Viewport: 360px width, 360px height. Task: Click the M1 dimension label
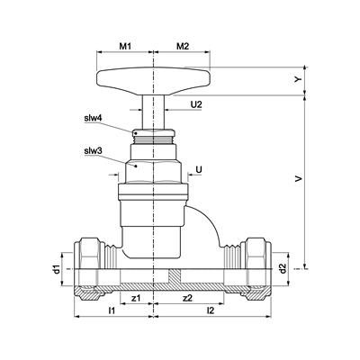[x=126, y=46]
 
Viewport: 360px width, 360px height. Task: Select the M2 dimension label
[x=183, y=46]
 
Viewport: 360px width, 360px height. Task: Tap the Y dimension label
[x=297, y=79]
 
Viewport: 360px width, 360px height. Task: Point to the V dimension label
[x=298, y=179]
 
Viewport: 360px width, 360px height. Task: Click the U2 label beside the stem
[x=196, y=104]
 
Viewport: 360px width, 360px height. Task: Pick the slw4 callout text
[x=93, y=118]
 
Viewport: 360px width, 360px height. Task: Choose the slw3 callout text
[x=93, y=151]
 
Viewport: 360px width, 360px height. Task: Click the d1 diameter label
[x=56, y=269]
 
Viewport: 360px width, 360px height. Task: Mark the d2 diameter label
[x=282, y=269]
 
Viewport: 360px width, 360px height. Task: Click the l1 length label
[x=112, y=310]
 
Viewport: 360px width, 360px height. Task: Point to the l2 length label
[x=211, y=310]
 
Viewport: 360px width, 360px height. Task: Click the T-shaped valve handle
[x=153, y=81]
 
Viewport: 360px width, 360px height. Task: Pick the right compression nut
[x=256, y=268]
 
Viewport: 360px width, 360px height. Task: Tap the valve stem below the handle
[x=153, y=112]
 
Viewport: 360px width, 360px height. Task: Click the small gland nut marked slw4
[x=153, y=132]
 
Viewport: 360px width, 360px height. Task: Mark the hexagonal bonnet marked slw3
[x=153, y=172]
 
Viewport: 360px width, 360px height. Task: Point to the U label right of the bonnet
[x=199, y=169]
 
